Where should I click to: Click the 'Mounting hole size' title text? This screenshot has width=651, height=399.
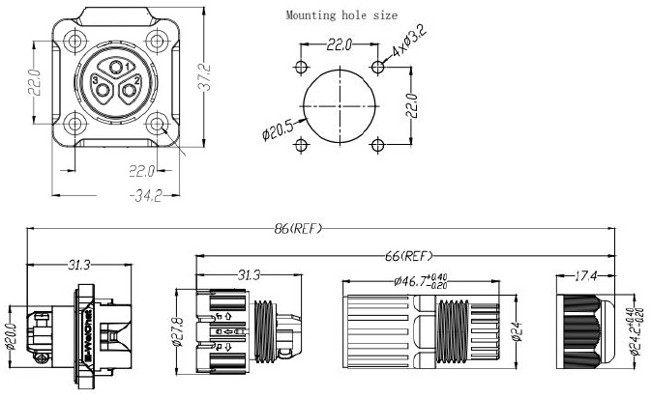[x=341, y=15]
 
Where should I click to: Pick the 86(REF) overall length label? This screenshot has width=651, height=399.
[x=299, y=229]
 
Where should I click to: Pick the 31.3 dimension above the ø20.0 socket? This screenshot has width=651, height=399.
[x=80, y=264]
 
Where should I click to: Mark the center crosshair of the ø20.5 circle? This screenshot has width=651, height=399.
[x=340, y=105]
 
